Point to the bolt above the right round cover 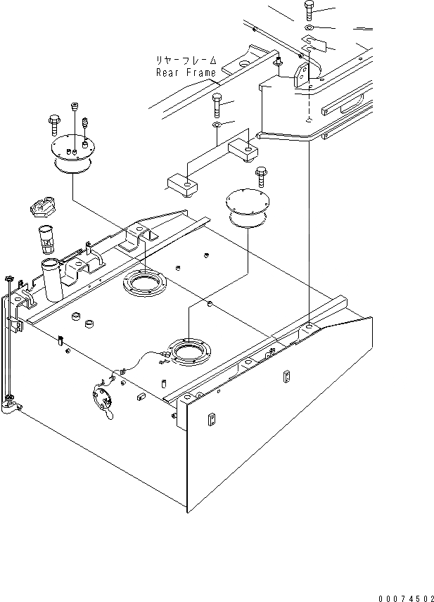coord(261,174)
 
